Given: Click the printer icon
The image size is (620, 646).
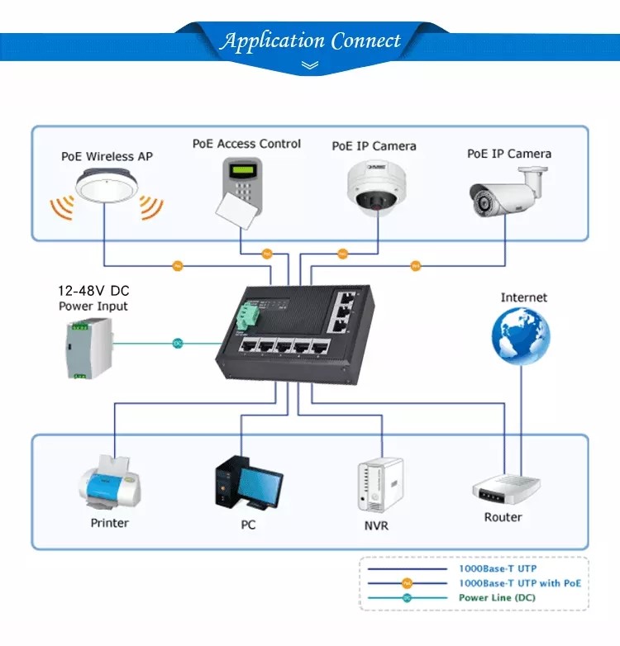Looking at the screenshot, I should (109, 483).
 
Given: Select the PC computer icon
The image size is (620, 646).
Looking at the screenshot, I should (247, 484).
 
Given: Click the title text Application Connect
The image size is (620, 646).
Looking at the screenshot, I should (310, 40).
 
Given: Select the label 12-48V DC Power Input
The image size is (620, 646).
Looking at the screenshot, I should (93, 299).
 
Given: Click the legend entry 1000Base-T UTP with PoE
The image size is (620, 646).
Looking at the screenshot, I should (519, 583).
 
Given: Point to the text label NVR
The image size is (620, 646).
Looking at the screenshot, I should (376, 526).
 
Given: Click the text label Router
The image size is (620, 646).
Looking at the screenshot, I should (503, 517).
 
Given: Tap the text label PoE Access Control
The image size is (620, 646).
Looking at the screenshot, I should (246, 144).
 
